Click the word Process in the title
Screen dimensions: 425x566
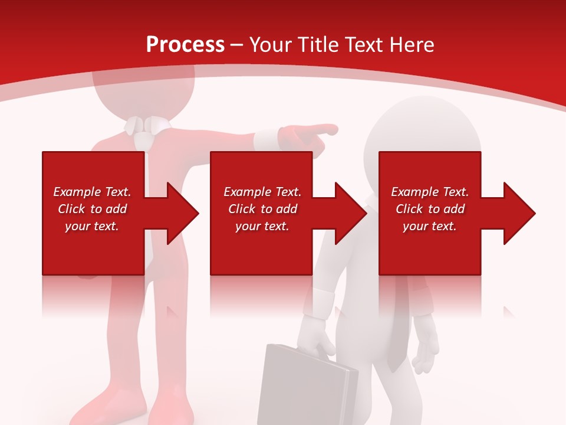(x=185, y=45)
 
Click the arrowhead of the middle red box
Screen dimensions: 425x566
(x=350, y=213)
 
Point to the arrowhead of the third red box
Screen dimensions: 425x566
(x=519, y=213)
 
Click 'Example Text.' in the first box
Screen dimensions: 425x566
(x=92, y=192)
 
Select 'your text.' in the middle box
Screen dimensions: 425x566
(x=262, y=226)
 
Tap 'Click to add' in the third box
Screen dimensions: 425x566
(x=430, y=209)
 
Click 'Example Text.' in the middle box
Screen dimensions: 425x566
(x=262, y=192)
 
